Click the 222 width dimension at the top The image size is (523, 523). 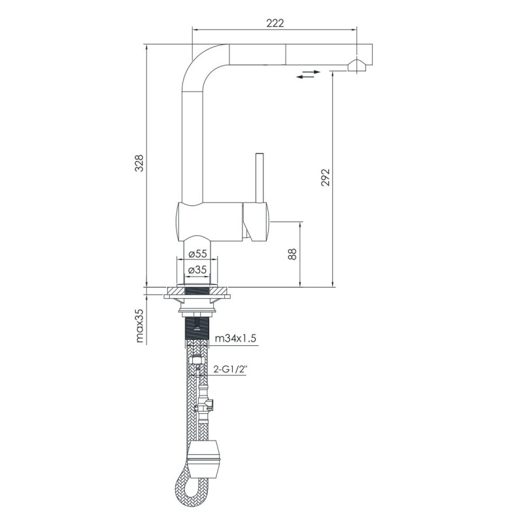tap(275, 23)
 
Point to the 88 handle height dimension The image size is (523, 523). tap(293, 254)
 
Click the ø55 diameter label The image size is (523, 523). tap(197, 253)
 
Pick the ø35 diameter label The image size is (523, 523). tap(197, 269)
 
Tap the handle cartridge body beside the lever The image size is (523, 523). tap(255, 220)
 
